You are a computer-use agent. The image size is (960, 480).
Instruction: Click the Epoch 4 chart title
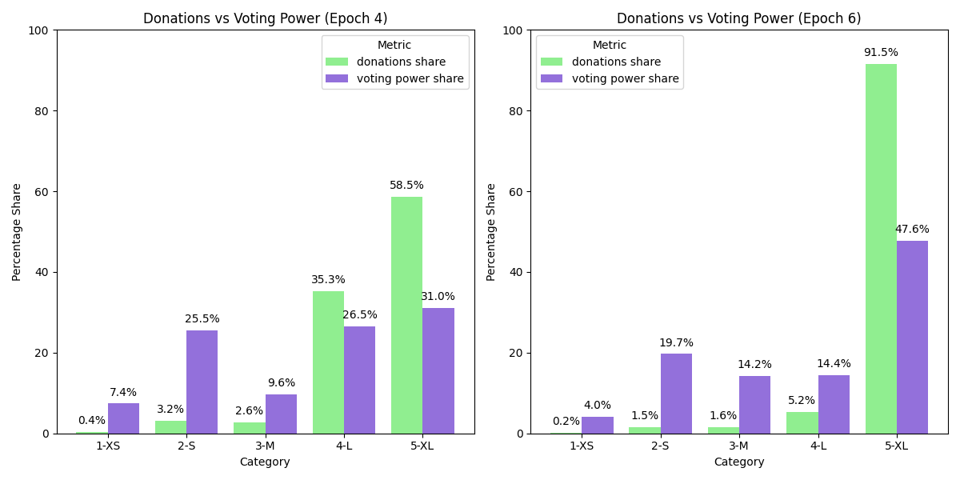[265, 18]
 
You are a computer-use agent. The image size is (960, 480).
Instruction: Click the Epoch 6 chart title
[738, 18]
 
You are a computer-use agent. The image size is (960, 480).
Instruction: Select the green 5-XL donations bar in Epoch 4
[406, 315]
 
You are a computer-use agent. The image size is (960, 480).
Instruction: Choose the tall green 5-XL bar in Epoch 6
[881, 249]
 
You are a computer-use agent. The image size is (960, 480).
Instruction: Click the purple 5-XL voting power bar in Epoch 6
[912, 337]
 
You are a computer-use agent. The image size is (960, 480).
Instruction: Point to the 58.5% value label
[406, 186]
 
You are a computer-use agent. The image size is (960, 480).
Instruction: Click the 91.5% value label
[881, 53]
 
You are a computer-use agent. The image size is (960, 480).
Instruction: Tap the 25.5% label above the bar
[202, 319]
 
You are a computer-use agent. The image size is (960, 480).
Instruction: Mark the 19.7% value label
[676, 343]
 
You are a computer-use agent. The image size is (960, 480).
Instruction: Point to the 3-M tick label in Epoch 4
[265, 446]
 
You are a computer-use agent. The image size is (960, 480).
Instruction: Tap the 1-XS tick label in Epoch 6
[582, 446]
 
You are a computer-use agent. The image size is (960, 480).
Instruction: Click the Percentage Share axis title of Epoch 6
[491, 232]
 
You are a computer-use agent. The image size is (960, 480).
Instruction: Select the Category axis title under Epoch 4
[265, 462]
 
